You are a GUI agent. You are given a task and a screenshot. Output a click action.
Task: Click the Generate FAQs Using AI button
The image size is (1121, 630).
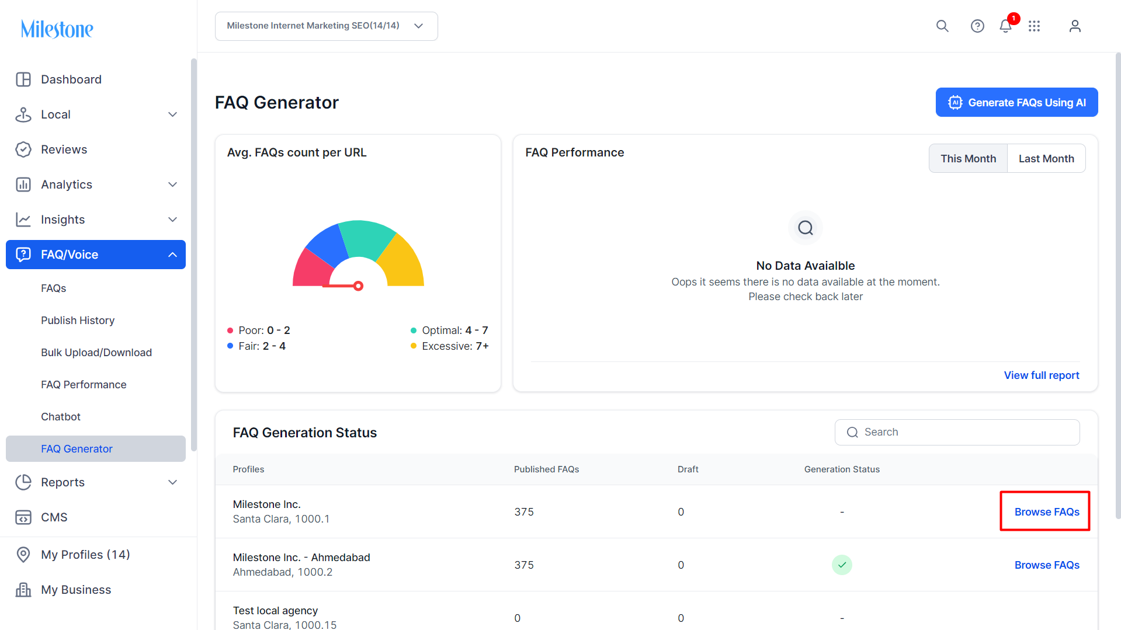click(x=1016, y=102)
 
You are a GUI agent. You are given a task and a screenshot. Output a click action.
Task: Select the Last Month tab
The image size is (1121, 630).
click(x=1046, y=158)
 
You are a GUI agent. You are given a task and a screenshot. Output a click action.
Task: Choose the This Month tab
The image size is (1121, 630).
click(x=968, y=158)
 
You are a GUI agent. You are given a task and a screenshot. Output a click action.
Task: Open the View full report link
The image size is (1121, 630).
click(x=1041, y=375)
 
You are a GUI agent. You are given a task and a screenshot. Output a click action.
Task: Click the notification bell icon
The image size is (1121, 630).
click(x=1005, y=26)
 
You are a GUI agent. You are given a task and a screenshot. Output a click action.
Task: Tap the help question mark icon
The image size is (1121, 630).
click(x=977, y=26)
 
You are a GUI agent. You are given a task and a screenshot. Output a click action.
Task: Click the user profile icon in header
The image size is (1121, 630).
click(x=1075, y=26)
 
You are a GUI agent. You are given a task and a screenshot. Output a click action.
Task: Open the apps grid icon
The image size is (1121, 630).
click(x=1034, y=26)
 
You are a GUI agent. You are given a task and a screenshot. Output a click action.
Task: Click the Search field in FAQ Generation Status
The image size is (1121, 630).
click(x=957, y=432)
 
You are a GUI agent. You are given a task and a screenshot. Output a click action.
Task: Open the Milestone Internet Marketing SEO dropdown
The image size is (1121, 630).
click(x=326, y=26)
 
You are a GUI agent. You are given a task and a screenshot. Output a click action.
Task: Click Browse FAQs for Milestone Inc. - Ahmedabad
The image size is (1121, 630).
click(x=1047, y=565)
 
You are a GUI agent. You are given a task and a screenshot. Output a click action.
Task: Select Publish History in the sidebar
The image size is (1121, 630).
click(x=78, y=321)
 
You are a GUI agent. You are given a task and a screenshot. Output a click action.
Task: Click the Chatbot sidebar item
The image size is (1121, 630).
click(x=61, y=417)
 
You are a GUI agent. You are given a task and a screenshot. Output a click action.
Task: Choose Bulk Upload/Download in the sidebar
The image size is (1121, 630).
click(x=96, y=353)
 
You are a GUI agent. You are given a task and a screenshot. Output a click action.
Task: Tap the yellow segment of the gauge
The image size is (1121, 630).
click(x=403, y=262)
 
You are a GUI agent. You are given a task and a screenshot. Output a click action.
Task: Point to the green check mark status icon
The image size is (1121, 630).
click(x=842, y=565)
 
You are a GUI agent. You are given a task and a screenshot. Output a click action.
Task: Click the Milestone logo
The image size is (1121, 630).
click(x=57, y=29)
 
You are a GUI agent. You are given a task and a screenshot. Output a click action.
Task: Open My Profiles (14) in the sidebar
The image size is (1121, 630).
click(x=85, y=555)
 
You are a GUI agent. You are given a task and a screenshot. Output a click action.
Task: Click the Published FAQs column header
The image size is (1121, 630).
click(x=546, y=469)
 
